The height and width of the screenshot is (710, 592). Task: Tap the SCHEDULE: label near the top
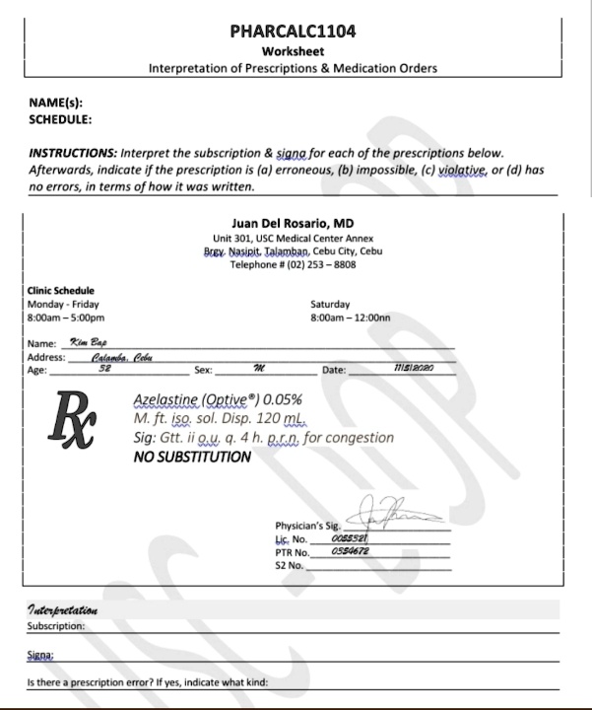(61, 119)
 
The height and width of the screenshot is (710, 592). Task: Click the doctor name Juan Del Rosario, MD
(293, 223)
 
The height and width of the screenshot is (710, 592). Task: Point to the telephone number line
(293, 265)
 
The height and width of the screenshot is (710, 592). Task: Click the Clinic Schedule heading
(61, 291)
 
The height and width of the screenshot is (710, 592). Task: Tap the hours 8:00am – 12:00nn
(351, 319)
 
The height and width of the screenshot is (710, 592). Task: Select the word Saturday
(330, 305)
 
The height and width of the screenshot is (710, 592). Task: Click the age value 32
(104, 371)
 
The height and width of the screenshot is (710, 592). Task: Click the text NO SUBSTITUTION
(191, 457)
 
